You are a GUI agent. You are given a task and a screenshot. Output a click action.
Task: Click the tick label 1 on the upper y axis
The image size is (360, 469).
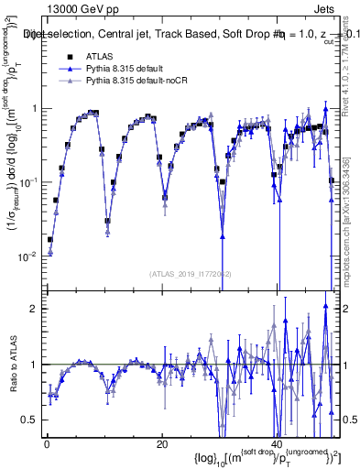34,109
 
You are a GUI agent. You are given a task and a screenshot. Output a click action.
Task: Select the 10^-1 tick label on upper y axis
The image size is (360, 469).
29,182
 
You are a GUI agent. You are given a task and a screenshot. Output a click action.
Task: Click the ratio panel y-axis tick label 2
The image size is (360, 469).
34,309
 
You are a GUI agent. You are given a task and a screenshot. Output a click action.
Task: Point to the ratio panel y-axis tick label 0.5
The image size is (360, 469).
30,420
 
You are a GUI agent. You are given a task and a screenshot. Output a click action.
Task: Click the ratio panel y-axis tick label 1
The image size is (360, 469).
34,365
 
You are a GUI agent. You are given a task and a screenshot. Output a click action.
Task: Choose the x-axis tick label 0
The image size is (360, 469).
47,444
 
